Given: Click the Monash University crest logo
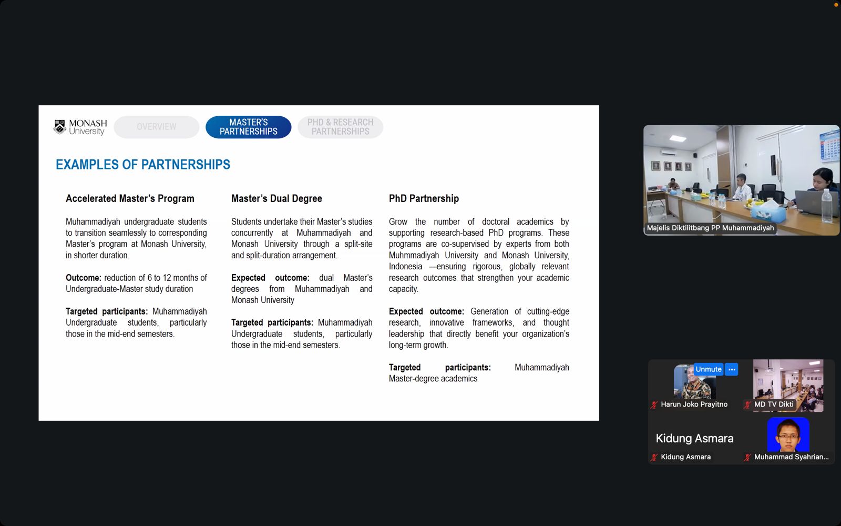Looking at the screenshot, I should click(60, 127).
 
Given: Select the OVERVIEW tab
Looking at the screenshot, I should click(156, 127).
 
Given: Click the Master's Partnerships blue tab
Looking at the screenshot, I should click(248, 127).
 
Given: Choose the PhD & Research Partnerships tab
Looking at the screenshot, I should click(340, 127).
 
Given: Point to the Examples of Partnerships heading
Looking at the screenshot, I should click(143, 165).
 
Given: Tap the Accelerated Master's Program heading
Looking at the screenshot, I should click(130, 198).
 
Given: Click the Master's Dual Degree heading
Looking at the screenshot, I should click(276, 198).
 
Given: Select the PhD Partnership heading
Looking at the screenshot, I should click(424, 198).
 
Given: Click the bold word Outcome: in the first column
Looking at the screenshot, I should click(83, 278).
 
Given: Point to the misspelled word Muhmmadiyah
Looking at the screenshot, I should click(414, 255).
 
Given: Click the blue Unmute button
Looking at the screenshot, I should click(708, 369).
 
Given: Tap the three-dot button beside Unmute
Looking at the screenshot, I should click(732, 369).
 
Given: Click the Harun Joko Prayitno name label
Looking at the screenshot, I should click(694, 404).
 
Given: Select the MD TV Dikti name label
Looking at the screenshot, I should click(774, 404).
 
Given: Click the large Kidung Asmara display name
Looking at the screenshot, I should click(694, 438).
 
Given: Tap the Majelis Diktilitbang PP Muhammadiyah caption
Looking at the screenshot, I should click(710, 228).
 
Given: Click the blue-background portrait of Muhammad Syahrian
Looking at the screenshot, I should click(788, 434).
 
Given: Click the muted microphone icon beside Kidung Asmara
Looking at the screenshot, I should click(654, 457).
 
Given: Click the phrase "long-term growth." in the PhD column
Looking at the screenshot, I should click(418, 345).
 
